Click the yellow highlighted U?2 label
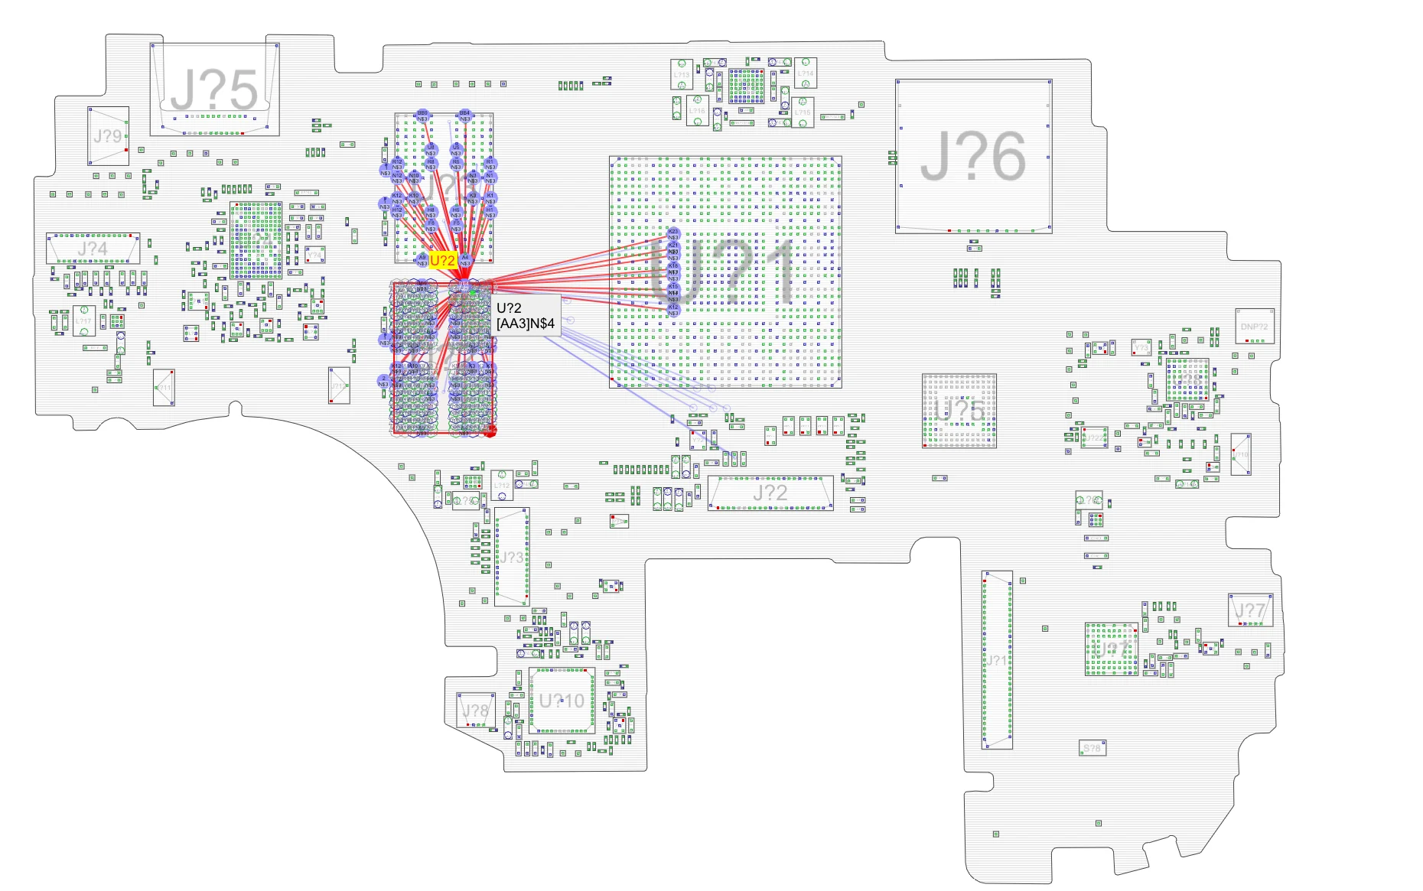(x=443, y=261)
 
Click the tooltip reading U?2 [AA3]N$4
(x=526, y=316)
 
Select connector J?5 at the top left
(x=213, y=89)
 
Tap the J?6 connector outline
(x=973, y=156)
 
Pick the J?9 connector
(x=108, y=136)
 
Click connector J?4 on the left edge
(x=93, y=249)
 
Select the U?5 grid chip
(x=959, y=411)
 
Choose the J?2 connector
(x=770, y=493)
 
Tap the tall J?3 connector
(x=512, y=557)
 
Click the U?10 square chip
(x=562, y=701)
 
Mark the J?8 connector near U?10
(x=475, y=711)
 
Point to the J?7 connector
(x=1250, y=610)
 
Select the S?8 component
(x=1092, y=747)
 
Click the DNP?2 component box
(x=1254, y=327)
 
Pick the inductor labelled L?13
(x=682, y=75)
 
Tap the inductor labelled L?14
(x=805, y=73)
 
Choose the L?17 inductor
(x=83, y=320)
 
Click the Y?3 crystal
(x=1141, y=348)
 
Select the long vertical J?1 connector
(x=997, y=659)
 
